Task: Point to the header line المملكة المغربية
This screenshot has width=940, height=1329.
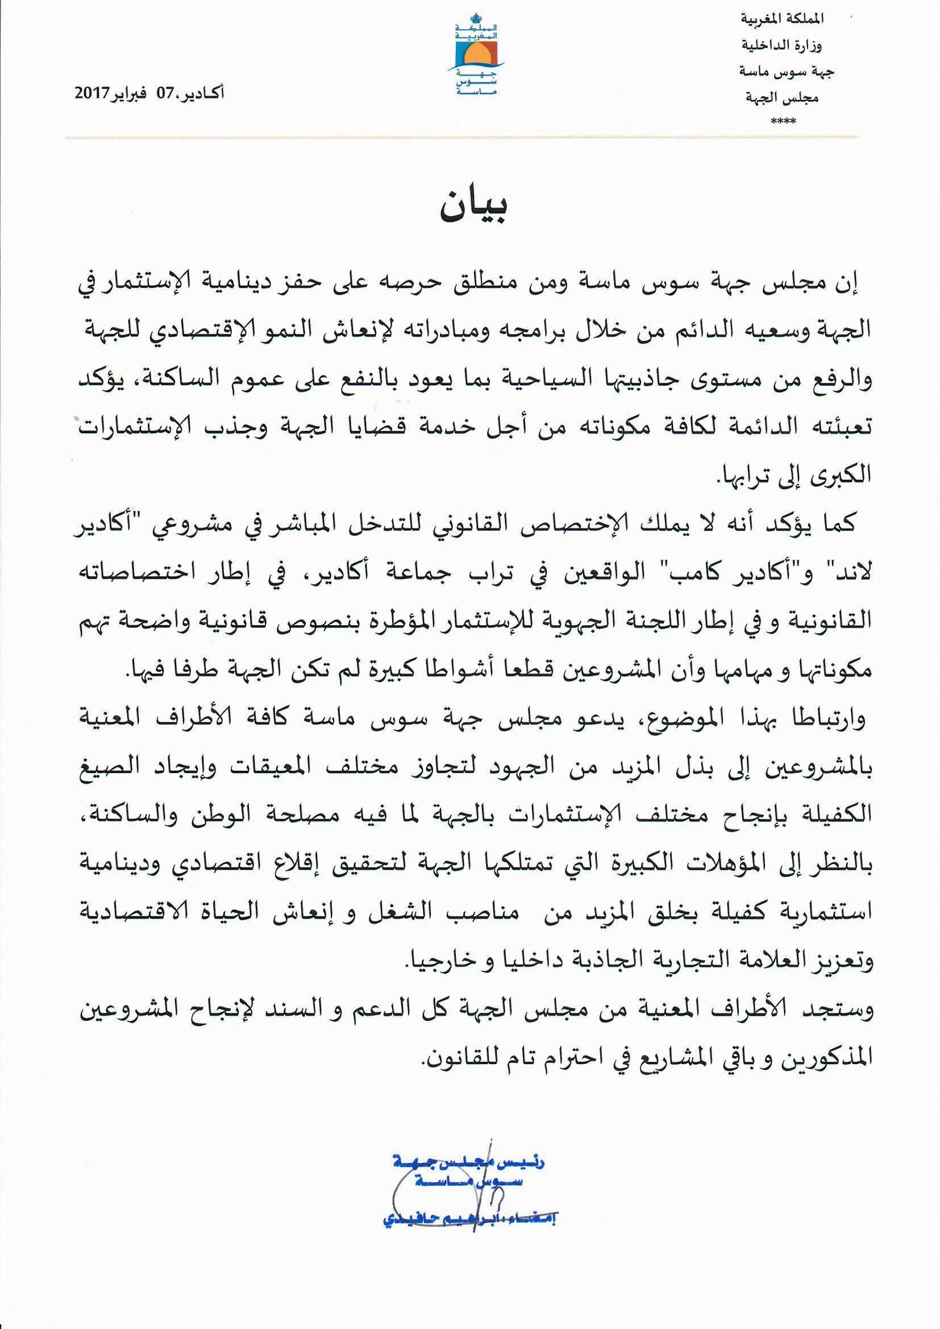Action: click(781, 19)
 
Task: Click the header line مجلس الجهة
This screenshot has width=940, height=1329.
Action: click(783, 98)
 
